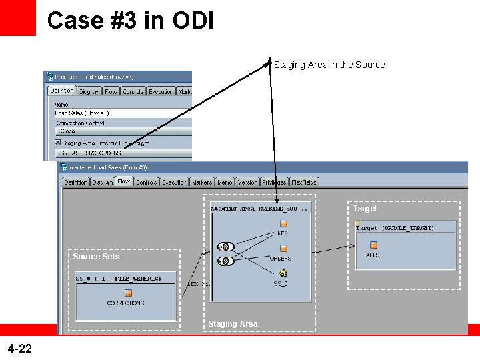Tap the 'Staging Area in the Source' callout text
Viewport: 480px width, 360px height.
[329, 65]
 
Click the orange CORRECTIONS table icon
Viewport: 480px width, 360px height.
[128, 293]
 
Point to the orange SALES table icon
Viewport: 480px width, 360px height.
[373, 245]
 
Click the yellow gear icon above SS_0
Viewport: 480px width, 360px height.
[283, 273]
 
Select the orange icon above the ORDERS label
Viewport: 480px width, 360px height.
[283, 248]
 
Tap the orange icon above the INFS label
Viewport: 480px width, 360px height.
[283, 224]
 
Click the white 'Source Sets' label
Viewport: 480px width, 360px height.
[96, 257]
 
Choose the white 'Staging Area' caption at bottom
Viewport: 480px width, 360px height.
[233, 324]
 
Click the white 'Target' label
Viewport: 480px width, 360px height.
[365, 209]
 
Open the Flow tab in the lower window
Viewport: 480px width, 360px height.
[124, 181]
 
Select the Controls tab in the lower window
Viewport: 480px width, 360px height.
[146, 182]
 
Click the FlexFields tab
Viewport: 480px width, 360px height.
[304, 182]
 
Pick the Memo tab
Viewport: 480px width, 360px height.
[225, 182]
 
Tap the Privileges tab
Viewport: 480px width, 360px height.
[273, 182]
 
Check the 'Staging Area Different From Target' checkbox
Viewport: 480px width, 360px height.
[58, 142]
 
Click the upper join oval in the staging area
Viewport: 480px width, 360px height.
[225, 247]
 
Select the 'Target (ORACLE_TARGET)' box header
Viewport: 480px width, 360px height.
[395, 228]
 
